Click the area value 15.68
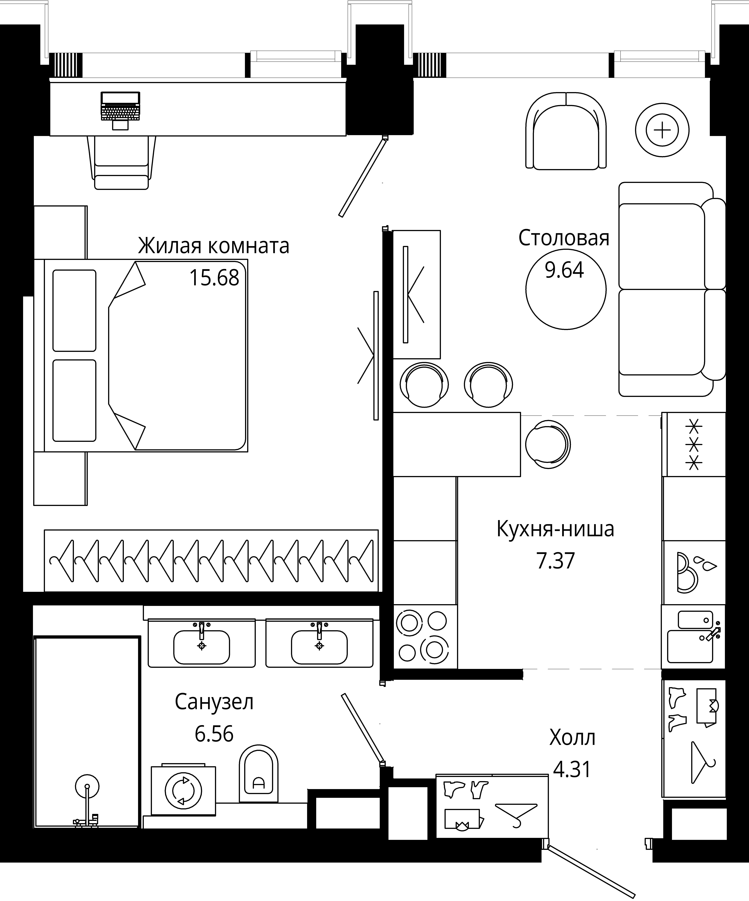[x=214, y=278]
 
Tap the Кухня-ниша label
[x=555, y=529]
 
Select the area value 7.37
[x=555, y=561]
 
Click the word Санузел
[x=214, y=702]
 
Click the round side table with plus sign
[x=662, y=130]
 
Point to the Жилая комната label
[x=213, y=246]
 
